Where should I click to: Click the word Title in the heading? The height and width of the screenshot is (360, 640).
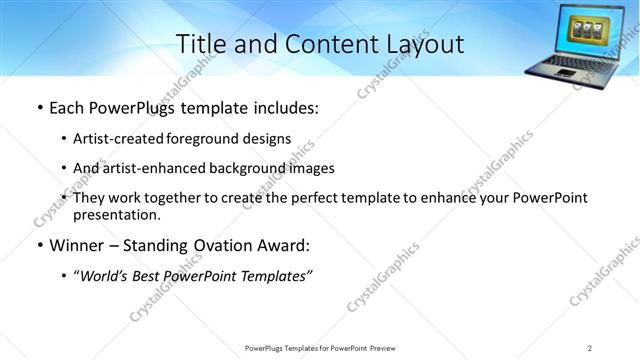[x=201, y=44]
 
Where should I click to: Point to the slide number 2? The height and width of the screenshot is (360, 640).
[x=589, y=347]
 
